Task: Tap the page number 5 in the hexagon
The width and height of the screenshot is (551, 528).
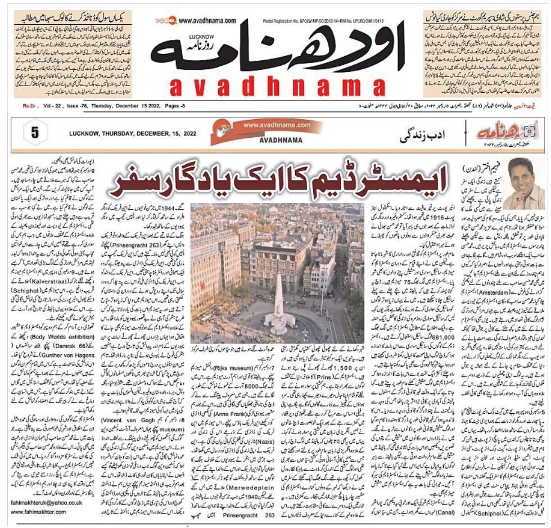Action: tap(34, 133)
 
